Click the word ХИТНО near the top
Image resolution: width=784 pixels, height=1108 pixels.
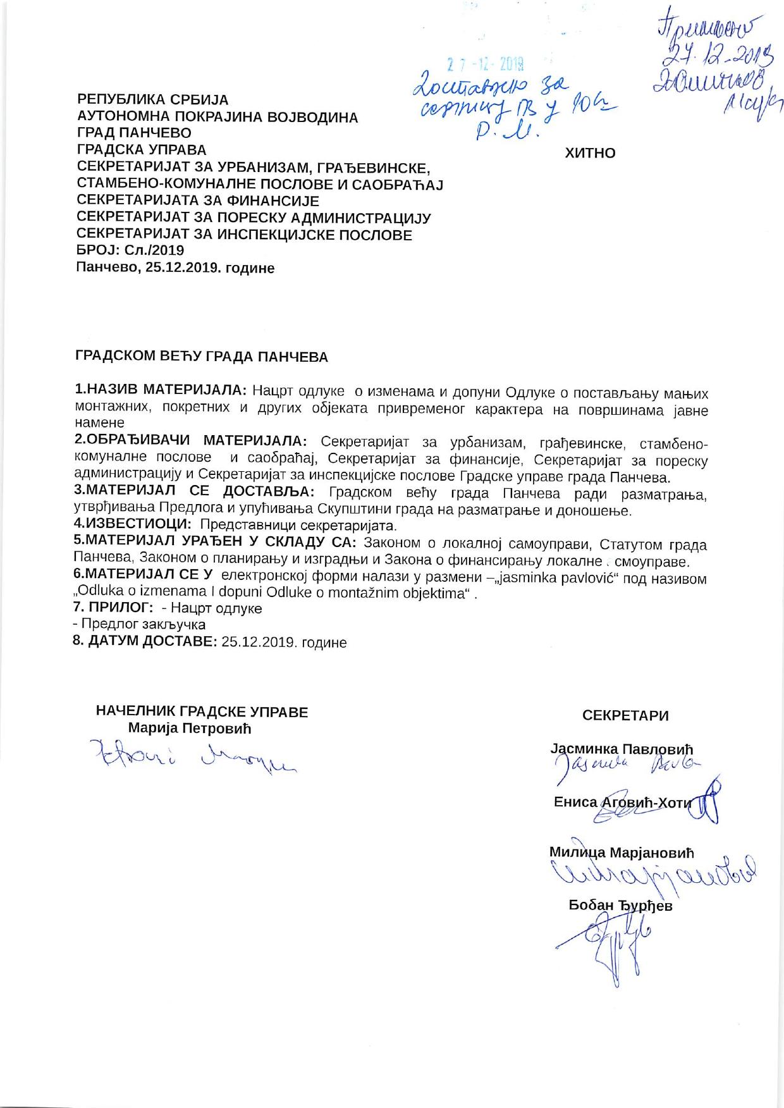click(589, 153)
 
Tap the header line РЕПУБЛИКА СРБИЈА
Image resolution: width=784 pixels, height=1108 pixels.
click(152, 100)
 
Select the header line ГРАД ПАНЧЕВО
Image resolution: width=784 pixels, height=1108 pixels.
click(133, 133)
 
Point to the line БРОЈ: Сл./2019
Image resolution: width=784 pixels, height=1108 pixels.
click(130, 250)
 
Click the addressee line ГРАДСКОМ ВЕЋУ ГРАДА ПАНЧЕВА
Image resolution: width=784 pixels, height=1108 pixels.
click(202, 357)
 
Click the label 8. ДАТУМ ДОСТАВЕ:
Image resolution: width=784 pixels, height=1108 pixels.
click(146, 642)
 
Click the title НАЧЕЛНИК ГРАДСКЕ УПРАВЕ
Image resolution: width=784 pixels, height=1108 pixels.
click(202, 712)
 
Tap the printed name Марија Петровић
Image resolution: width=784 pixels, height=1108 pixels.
click(190, 728)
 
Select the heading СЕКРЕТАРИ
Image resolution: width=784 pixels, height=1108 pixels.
click(625, 716)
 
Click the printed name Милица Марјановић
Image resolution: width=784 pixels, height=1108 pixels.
click(622, 853)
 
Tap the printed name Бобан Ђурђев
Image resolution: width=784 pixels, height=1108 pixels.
click(621, 906)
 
